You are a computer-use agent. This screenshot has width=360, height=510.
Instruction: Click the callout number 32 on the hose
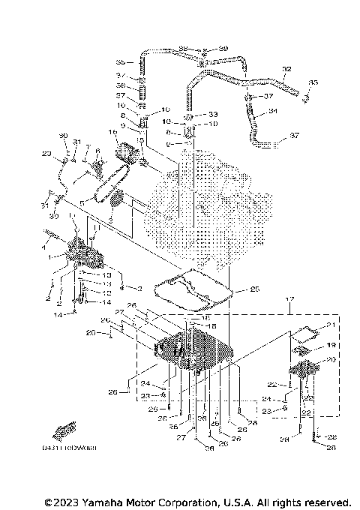tap(286, 69)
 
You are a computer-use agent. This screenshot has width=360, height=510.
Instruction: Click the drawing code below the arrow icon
tap(74, 447)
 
